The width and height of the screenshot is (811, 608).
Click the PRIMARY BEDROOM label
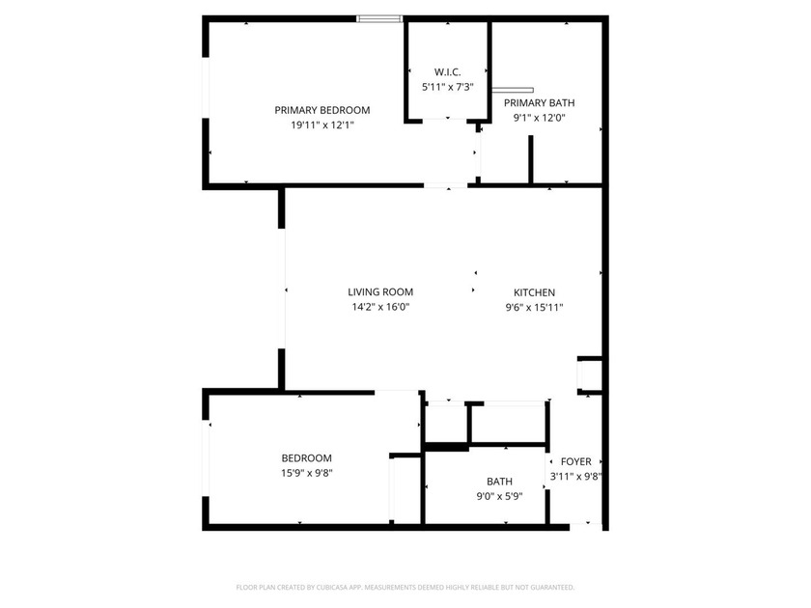click(322, 110)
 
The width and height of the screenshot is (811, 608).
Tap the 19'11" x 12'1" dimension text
click(322, 125)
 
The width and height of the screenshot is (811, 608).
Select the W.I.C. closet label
click(447, 72)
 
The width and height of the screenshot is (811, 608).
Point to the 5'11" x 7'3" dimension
click(447, 88)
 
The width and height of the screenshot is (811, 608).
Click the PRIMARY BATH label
click(539, 103)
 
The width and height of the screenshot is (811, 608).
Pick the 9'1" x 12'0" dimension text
click(539, 119)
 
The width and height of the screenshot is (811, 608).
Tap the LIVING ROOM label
click(380, 292)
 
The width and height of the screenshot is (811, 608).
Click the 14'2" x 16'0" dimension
click(380, 308)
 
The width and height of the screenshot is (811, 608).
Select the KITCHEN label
click(534, 292)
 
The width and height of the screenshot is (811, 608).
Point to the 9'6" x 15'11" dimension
click(534, 308)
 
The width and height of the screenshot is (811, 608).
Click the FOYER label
click(575, 462)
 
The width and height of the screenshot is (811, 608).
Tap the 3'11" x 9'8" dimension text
click(575, 477)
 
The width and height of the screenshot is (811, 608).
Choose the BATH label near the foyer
click(499, 482)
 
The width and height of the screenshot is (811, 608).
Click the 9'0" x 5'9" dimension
click(499, 497)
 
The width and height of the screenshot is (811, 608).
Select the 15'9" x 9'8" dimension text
click(307, 473)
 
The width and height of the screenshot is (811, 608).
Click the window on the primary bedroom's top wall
click(379, 17)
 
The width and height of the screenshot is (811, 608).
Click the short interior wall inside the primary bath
click(530, 160)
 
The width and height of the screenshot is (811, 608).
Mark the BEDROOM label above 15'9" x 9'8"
click(307, 458)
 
